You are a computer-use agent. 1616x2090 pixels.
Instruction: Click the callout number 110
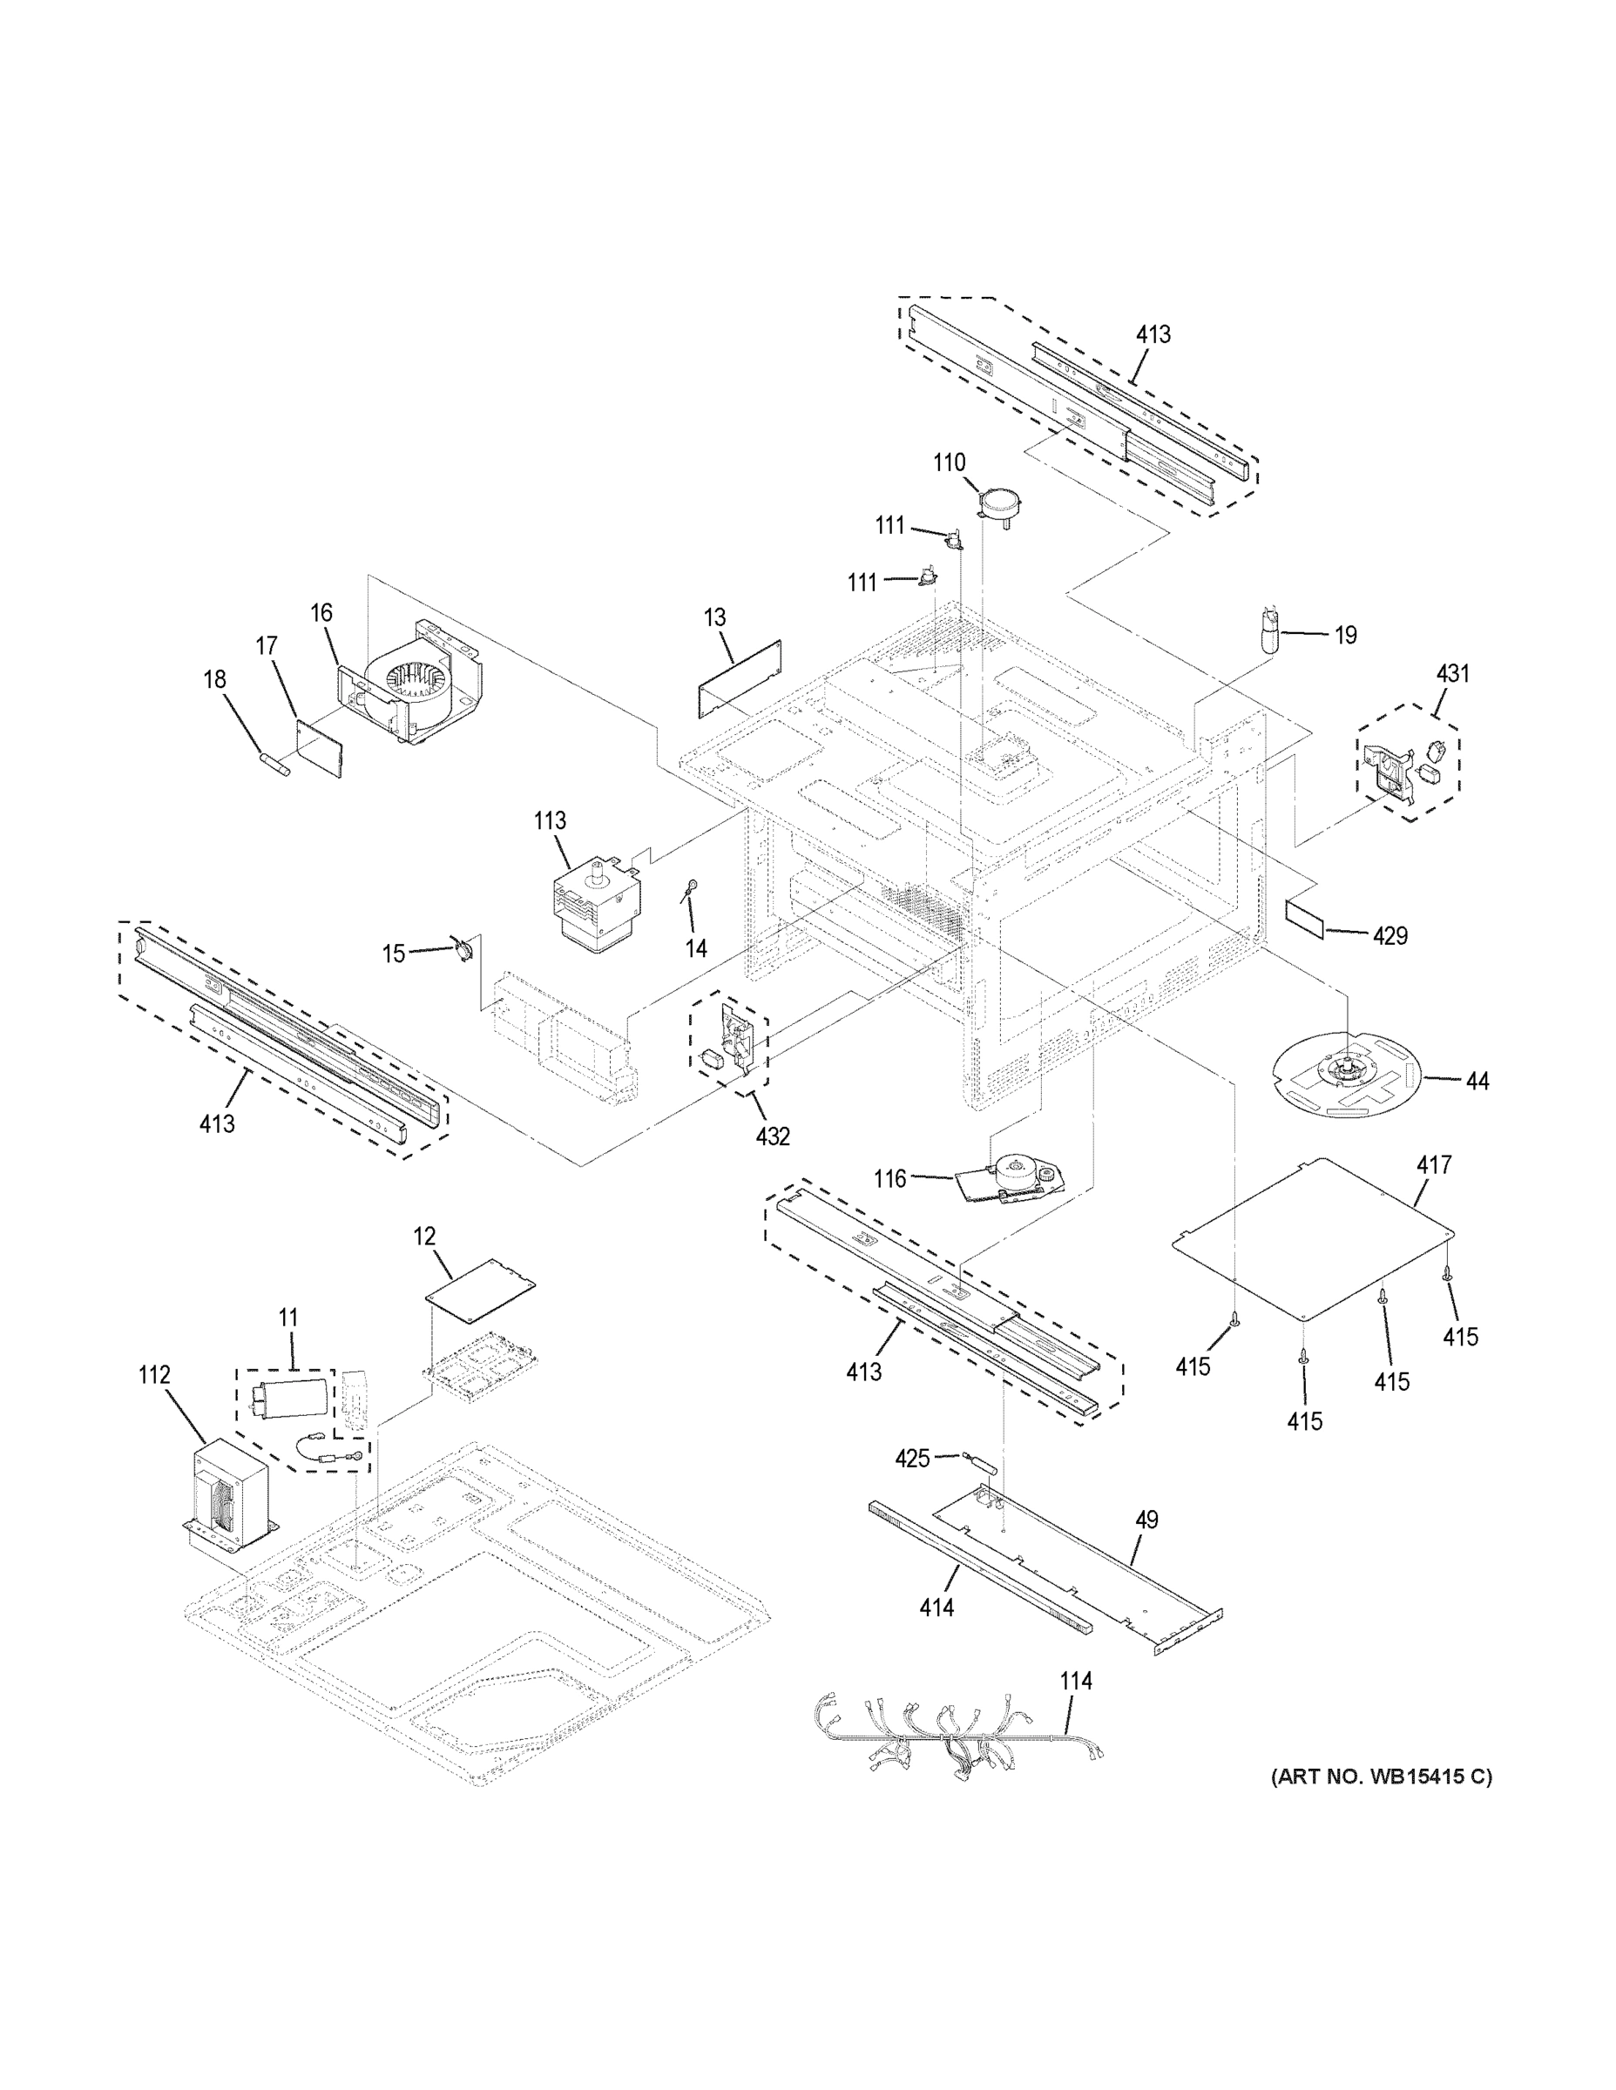point(949,462)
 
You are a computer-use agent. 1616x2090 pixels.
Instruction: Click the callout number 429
point(1389,935)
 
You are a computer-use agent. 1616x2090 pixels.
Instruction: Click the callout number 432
point(773,1136)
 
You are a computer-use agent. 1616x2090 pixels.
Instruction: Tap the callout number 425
point(911,1459)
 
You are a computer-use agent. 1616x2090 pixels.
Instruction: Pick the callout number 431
point(1451,674)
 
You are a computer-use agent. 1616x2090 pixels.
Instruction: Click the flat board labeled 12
point(480,1290)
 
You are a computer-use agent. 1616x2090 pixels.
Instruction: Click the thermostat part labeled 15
point(463,950)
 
